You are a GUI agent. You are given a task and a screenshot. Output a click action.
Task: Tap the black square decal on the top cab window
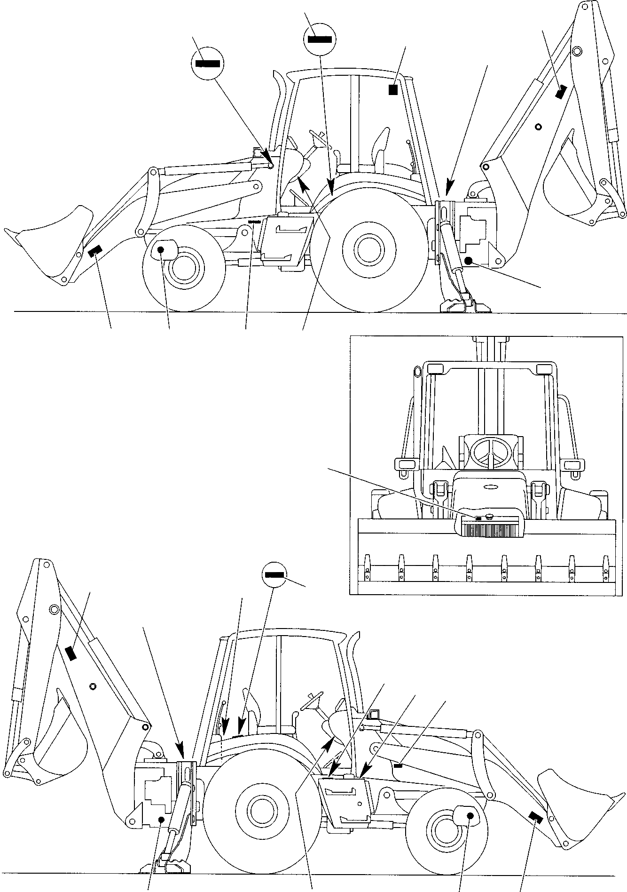point(393,89)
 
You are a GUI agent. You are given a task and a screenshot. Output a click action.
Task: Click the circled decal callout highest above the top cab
point(320,39)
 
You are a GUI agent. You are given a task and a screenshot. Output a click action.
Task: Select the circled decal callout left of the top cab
point(207,64)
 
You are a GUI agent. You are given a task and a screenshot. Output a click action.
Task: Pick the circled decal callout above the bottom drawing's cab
point(275,574)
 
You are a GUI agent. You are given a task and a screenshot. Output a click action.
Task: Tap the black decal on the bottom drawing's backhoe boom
point(71,653)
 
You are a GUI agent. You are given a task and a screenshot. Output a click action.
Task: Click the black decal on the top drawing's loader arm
point(95,252)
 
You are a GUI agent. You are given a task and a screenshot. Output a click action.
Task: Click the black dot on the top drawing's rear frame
point(468,261)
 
